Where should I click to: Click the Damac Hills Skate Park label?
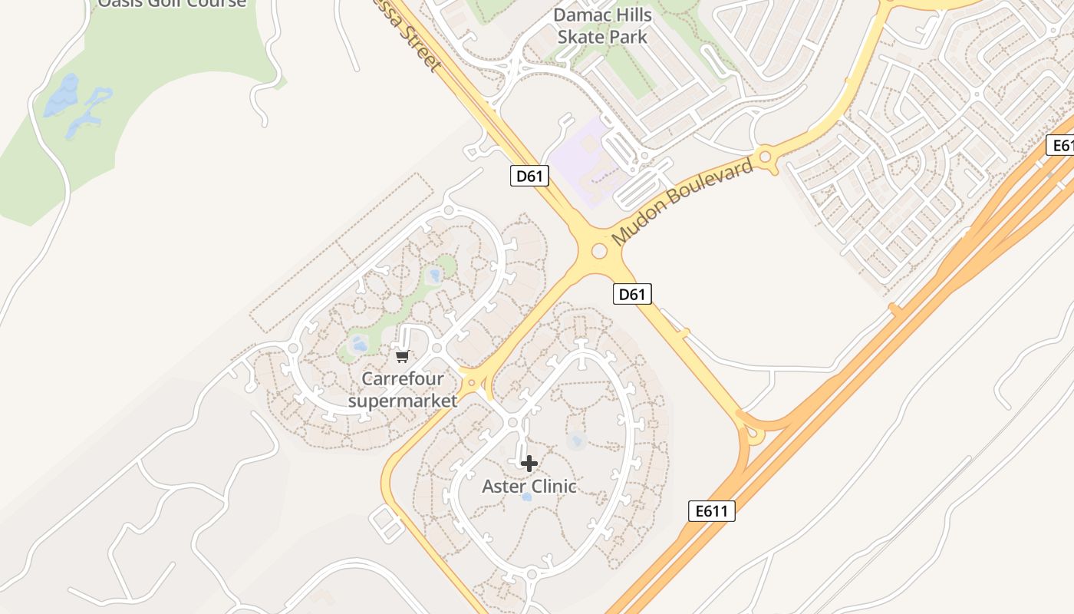602,26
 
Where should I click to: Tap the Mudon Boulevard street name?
682,203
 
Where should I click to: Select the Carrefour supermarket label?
403,389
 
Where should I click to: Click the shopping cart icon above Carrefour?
402,356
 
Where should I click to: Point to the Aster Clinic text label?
529,487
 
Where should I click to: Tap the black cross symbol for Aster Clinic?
529,464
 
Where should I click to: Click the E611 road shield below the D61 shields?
712,511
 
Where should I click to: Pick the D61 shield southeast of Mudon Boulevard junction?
633,293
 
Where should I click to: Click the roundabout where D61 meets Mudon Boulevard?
599,251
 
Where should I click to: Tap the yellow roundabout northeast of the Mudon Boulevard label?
764,158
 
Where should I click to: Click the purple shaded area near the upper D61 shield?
587,157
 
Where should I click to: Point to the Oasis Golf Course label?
172,3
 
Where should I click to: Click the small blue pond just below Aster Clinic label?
526,497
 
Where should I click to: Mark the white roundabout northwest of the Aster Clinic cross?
512,423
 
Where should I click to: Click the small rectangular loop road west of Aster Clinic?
387,523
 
